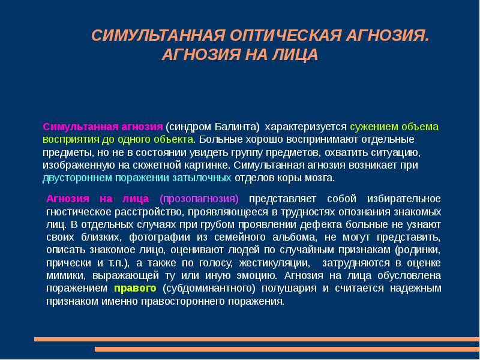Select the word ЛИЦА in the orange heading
(x=293, y=55)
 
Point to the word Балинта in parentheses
(x=238, y=127)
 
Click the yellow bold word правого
(x=135, y=288)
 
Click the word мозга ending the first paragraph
(x=320, y=178)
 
